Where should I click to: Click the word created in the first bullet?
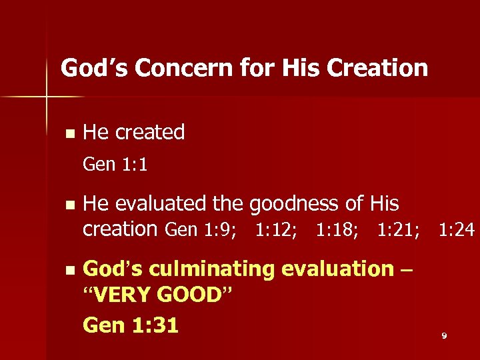(x=149, y=132)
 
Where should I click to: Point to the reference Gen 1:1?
(x=115, y=164)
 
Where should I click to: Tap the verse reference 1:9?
(x=220, y=230)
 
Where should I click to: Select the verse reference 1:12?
(x=277, y=230)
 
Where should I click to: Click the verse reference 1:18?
(x=337, y=230)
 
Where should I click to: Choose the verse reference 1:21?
(x=398, y=230)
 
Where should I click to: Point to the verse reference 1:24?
(x=457, y=230)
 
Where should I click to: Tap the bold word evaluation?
(x=338, y=269)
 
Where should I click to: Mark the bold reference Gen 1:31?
(x=131, y=325)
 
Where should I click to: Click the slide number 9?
(x=444, y=336)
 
